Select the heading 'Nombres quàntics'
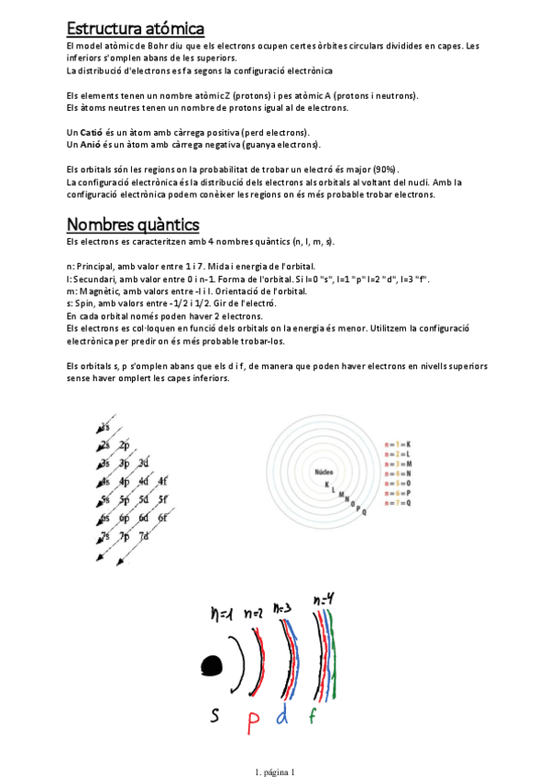click(133, 224)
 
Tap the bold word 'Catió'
click(92, 132)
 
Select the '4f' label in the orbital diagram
click(163, 481)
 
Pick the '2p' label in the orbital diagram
click(124, 445)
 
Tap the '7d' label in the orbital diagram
click(143, 536)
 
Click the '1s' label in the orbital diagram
click(106, 427)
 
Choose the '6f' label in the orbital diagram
click(163, 518)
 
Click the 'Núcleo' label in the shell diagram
click(323, 471)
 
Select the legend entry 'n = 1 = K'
click(397, 443)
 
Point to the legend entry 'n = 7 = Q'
click(397, 503)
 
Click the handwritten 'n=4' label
click(324, 600)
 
